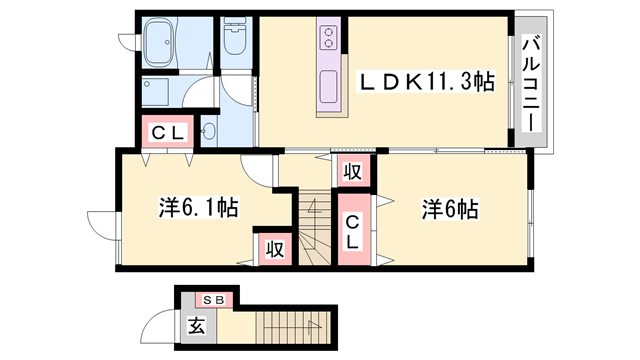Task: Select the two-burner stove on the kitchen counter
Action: (x=329, y=38)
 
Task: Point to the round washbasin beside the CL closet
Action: (x=209, y=131)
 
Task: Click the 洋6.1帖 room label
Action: (x=197, y=208)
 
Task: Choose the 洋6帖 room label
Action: (x=449, y=209)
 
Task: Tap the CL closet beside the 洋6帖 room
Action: (x=354, y=232)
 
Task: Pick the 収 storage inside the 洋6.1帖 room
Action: (x=273, y=248)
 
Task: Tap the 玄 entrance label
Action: (x=197, y=325)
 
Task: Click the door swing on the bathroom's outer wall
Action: (x=128, y=40)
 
